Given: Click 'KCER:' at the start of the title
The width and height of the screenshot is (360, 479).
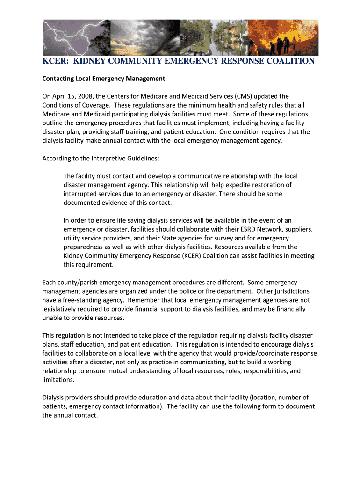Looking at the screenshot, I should point(56,61).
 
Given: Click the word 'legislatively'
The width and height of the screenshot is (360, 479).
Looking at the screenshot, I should point(62,309).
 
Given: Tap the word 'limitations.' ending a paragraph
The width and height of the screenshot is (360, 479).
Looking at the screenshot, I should point(58,380).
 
